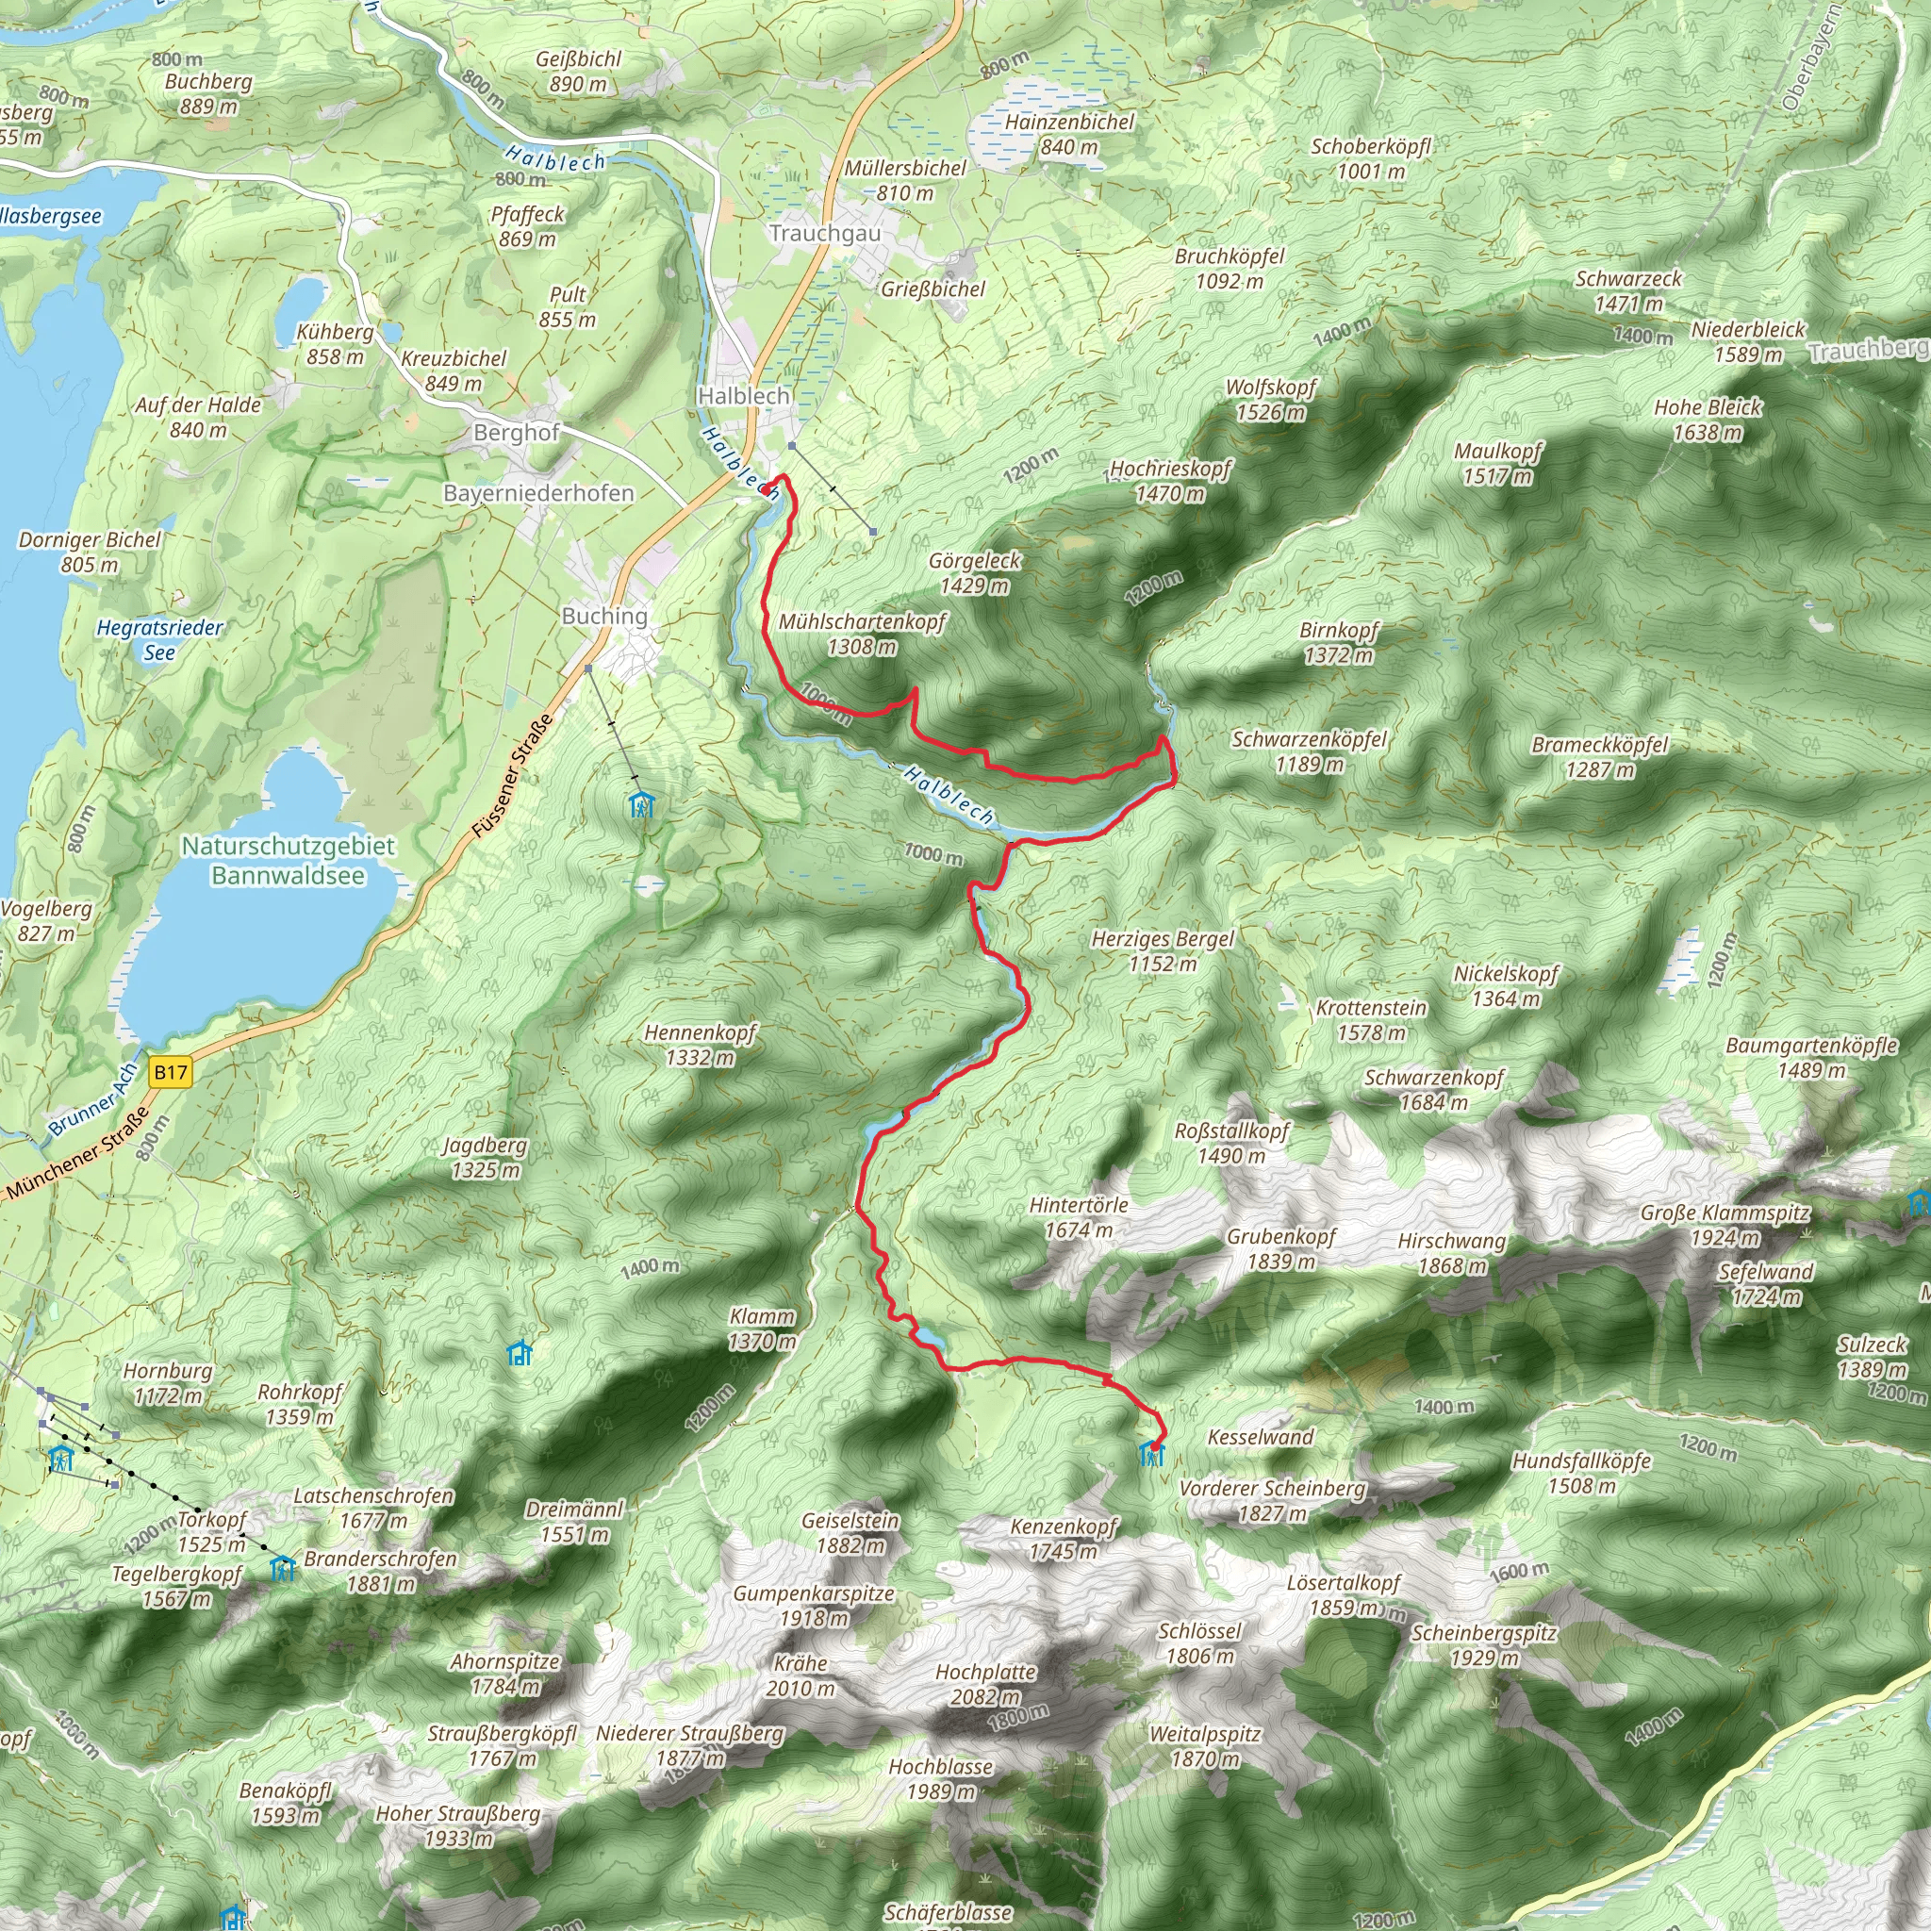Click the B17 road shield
[170, 1072]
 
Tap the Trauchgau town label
[825, 233]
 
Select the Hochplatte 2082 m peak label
[984, 1683]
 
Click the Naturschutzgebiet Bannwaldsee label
[288, 860]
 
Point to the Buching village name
[603, 616]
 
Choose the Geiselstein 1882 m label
[850, 1533]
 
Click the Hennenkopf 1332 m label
[700, 1045]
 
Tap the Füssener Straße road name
[512, 777]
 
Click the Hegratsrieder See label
[160, 639]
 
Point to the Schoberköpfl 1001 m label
[1370, 157]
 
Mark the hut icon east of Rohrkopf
[520, 1353]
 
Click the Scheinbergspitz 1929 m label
[1483, 1645]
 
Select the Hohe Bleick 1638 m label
[1708, 419]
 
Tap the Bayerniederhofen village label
[537, 493]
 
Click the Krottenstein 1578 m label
[1370, 1019]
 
